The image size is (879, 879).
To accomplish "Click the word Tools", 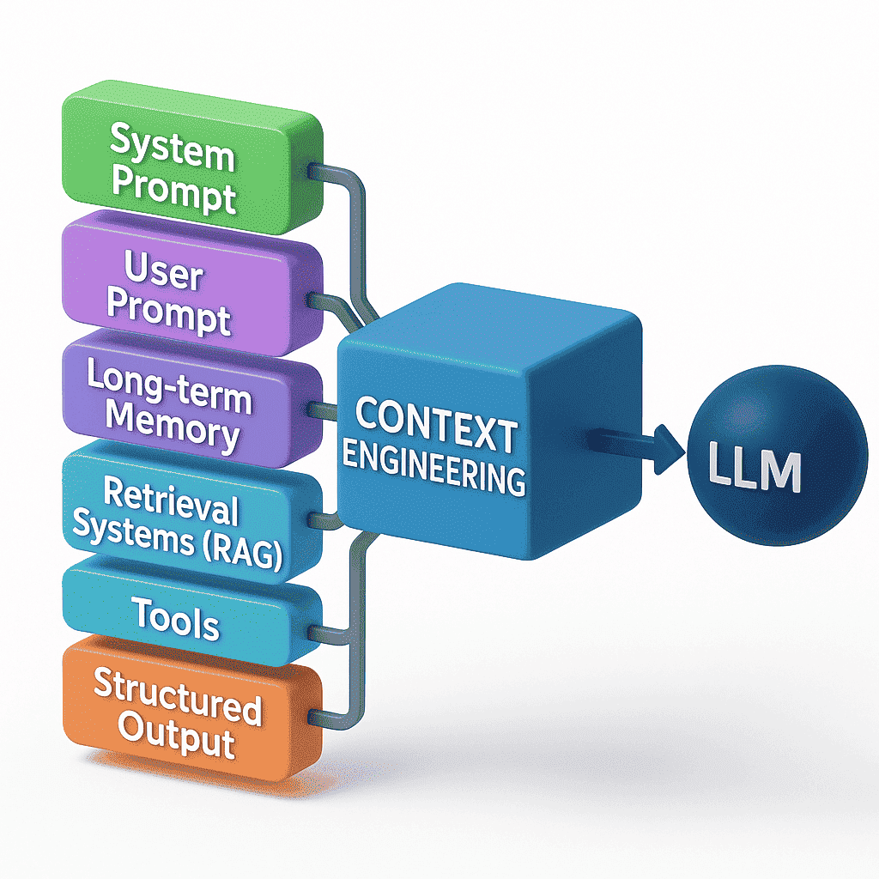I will pos(176,621).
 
